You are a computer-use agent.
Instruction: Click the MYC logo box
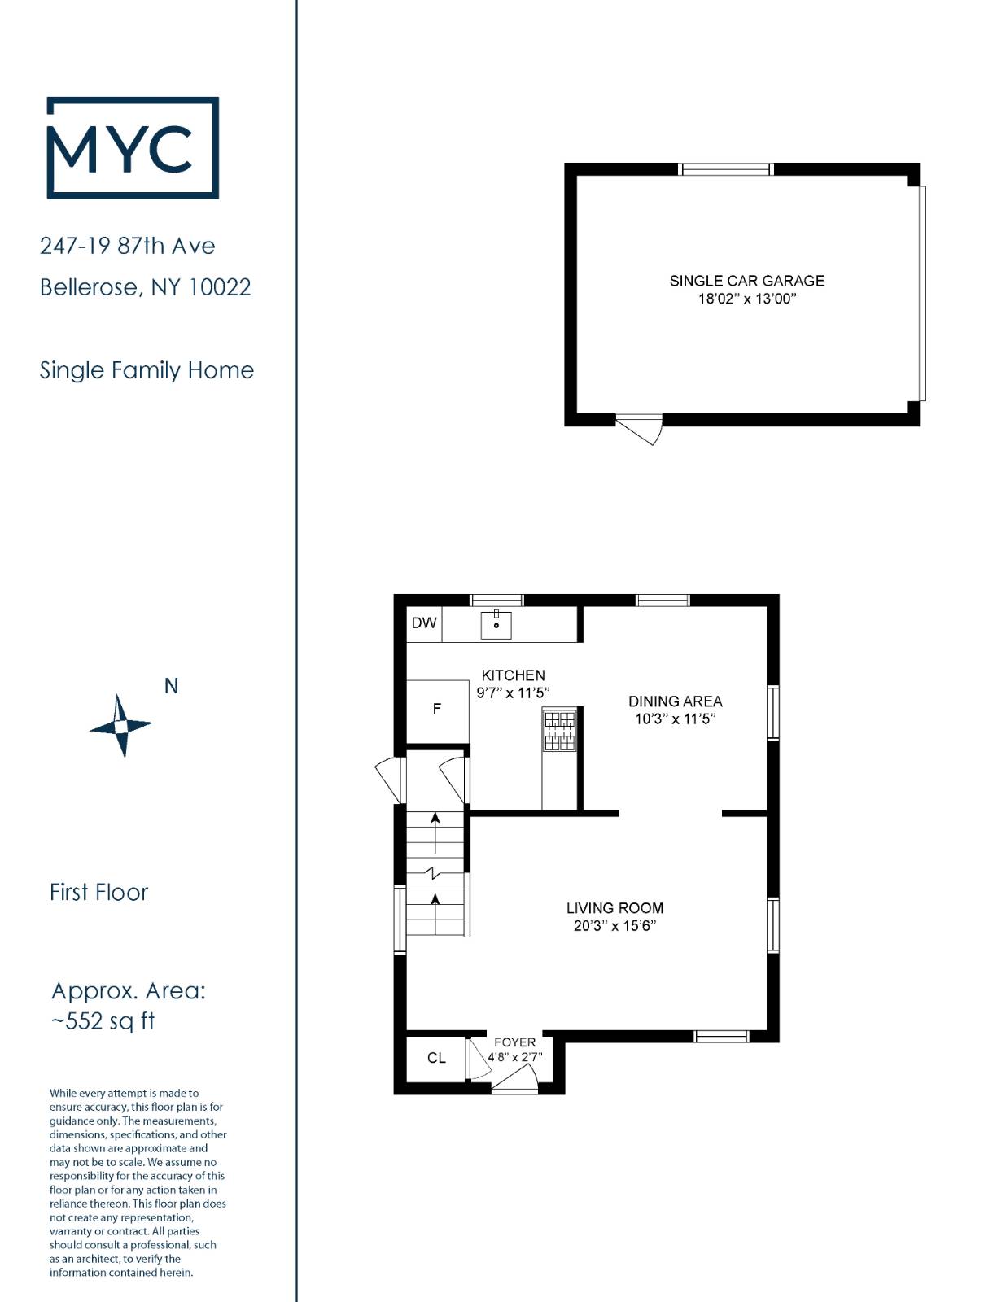click(x=48, y=147)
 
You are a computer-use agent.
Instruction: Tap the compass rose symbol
click(x=121, y=726)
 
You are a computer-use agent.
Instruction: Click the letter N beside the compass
click(x=172, y=686)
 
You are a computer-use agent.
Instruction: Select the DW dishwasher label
click(x=423, y=623)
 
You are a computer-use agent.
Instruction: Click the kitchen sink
click(x=496, y=624)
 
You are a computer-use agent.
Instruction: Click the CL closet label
click(x=436, y=1058)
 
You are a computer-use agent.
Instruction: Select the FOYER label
click(x=514, y=1042)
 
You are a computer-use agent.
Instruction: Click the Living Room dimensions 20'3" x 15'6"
click(x=615, y=926)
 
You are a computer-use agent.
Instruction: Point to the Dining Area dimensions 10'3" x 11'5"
click(x=676, y=719)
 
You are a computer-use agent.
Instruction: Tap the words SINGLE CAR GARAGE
click(x=746, y=281)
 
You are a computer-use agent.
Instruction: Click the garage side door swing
click(x=639, y=429)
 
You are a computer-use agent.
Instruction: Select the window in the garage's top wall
click(x=725, y=169)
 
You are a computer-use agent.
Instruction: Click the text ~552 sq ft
click(x=103, y=1021)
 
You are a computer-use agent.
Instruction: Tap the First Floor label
click(x=98, y=893)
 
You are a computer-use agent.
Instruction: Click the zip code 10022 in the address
click(x=219, y=287)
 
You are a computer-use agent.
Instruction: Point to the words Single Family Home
click(x=147, y=370)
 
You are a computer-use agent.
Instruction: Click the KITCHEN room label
click(x=514, y=675)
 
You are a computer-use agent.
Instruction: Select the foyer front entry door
click(x=514, y=1082)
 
